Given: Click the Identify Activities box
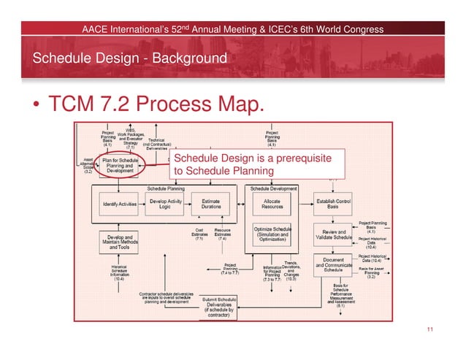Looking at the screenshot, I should coord(119,203).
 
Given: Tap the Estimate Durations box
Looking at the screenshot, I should coord(211,203).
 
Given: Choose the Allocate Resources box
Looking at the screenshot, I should coord(272,203).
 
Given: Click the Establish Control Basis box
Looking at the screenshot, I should coord(335,203).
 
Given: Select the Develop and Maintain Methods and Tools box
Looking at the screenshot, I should coord(119,242).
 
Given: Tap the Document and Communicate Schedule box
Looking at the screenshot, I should coord(334,266).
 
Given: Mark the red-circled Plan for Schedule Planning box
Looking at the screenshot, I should coord(119,165).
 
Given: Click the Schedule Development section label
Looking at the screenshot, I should coord(274,188).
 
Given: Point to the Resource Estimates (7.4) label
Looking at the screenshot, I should coord(223,234).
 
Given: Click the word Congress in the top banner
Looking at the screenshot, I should coord(357,29).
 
